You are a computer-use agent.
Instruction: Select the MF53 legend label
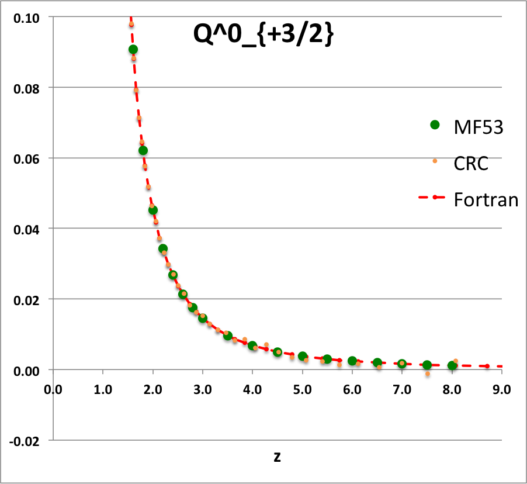tap(479, 126)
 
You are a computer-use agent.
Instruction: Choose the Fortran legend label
tap(486, 200)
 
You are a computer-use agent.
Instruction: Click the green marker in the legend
tap(434, 125)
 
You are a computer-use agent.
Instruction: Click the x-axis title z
tap(277, 457)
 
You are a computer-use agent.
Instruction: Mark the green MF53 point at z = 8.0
tap(452, 366)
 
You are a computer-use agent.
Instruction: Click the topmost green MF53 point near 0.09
tap(133, 50)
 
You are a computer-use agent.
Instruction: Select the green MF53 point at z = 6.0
tap(352, 361)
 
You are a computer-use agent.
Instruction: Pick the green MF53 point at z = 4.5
tap(278, 352)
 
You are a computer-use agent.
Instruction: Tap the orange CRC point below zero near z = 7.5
tap(428, 374)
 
